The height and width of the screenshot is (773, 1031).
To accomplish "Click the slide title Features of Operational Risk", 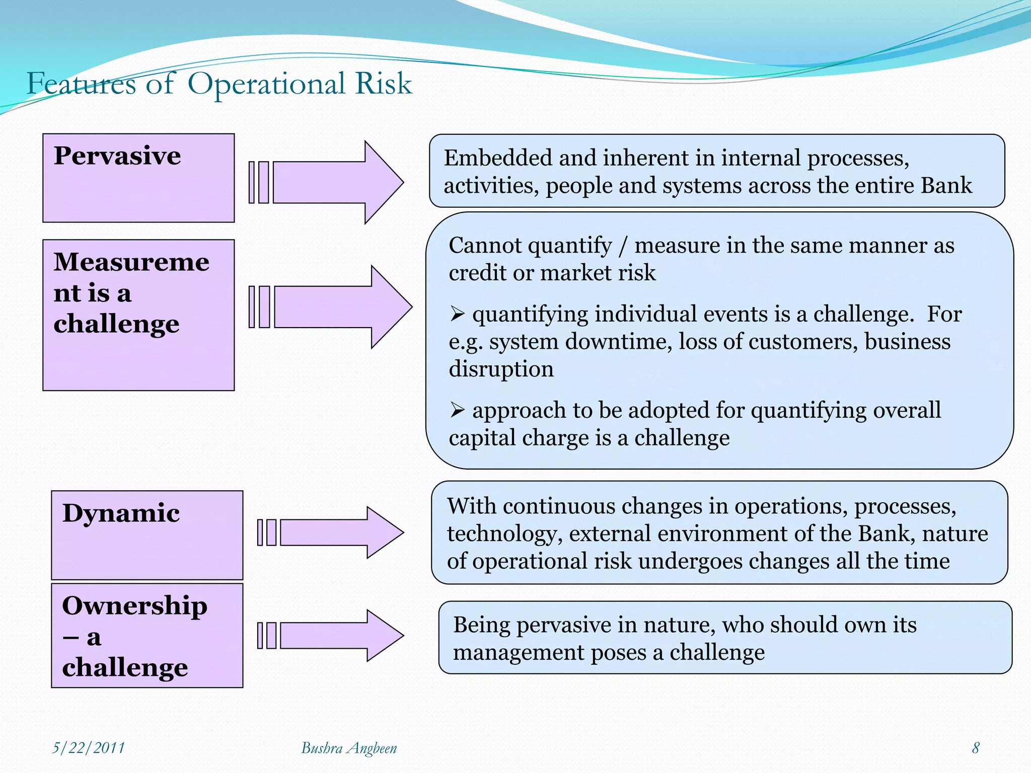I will click(x=219, y=84).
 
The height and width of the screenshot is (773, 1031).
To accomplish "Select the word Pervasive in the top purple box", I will click(x=117, y=156).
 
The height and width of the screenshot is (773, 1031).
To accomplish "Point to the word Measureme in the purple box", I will click(x=131, y=262).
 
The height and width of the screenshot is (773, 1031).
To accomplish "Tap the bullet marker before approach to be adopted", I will click(x=457, y=411).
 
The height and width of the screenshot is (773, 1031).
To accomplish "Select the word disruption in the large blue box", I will click(x=501, y=369).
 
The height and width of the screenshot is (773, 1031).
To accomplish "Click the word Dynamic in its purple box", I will click(x=121, y=513).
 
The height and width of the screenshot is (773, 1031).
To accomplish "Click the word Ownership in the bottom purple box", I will click(x=134, y=606).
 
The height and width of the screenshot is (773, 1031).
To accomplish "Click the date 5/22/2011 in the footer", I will click(x=89, y=748).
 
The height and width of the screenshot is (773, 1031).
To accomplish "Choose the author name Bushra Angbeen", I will click(x=349, y=748).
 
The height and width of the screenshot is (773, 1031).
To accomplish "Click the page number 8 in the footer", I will click(x=976, y=748).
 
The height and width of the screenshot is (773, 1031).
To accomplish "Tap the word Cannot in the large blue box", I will click(x=485, y=246).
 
